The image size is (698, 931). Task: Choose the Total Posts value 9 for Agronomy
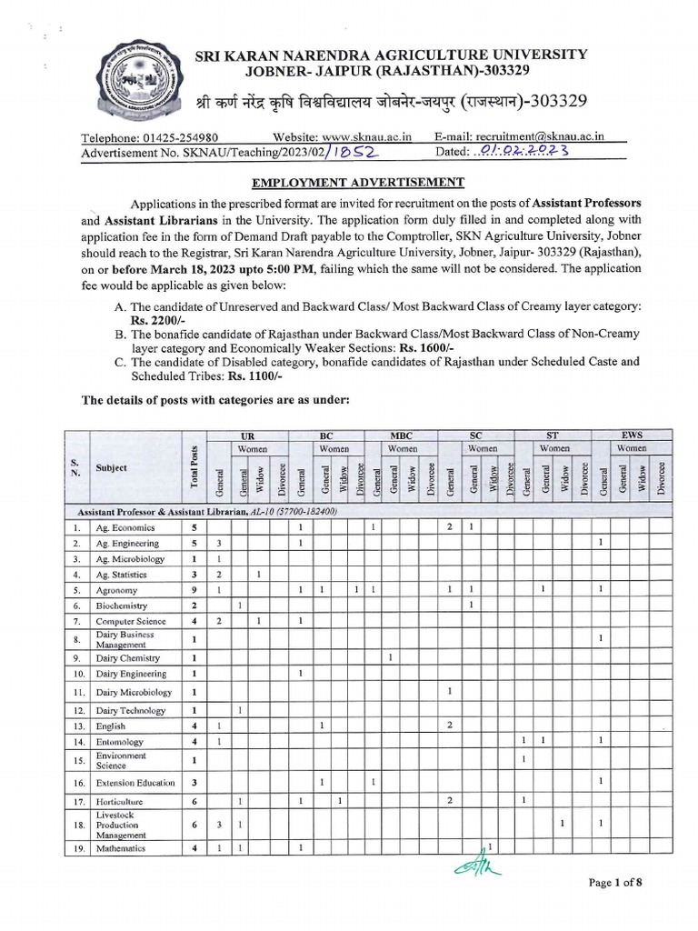click(194, 590)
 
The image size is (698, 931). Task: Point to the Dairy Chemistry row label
click(127, 658)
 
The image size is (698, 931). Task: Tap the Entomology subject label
click(120, 742)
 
